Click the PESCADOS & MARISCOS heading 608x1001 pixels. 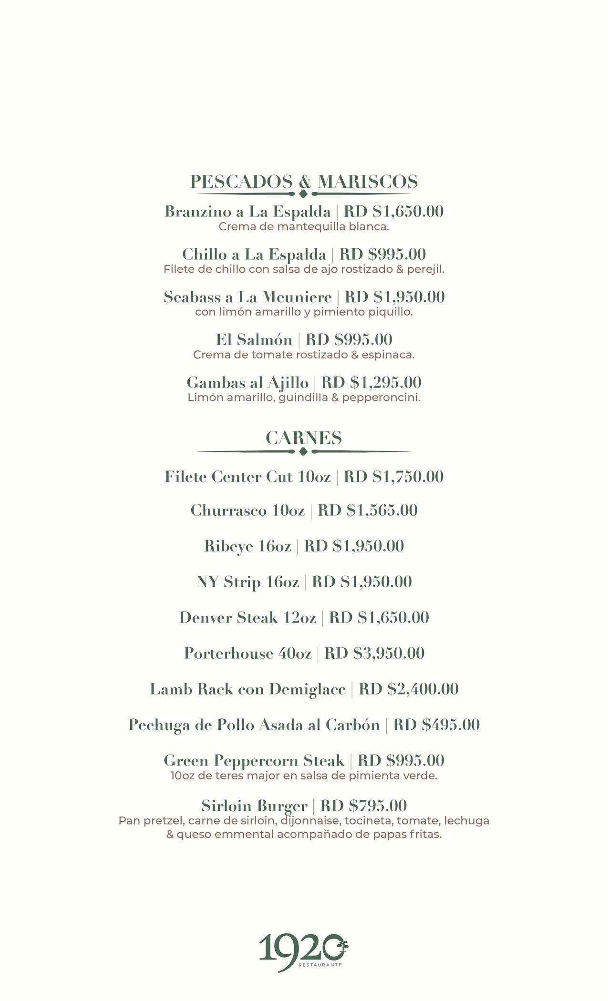pos(304,182)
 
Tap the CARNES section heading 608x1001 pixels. pos(304,438)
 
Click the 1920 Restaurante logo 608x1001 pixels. pos(303,952)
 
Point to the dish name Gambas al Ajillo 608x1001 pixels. pos(247,382)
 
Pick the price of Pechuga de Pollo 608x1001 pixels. pos(436,725)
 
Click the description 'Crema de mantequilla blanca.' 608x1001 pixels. pos(304,227)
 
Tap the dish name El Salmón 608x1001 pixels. pos(254,339)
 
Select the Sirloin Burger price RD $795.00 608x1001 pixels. pos(363,806)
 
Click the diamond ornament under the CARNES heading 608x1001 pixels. pos(303,451)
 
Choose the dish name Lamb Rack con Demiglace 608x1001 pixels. pos(247,689)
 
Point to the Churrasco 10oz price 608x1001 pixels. pos(368,510)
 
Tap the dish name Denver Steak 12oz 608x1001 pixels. pos(247,617)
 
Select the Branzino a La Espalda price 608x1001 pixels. pos(393,211)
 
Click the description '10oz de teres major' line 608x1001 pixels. pos(304,776)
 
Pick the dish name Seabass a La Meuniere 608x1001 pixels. pos(247,297)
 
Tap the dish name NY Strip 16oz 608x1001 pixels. pos(247,582)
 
